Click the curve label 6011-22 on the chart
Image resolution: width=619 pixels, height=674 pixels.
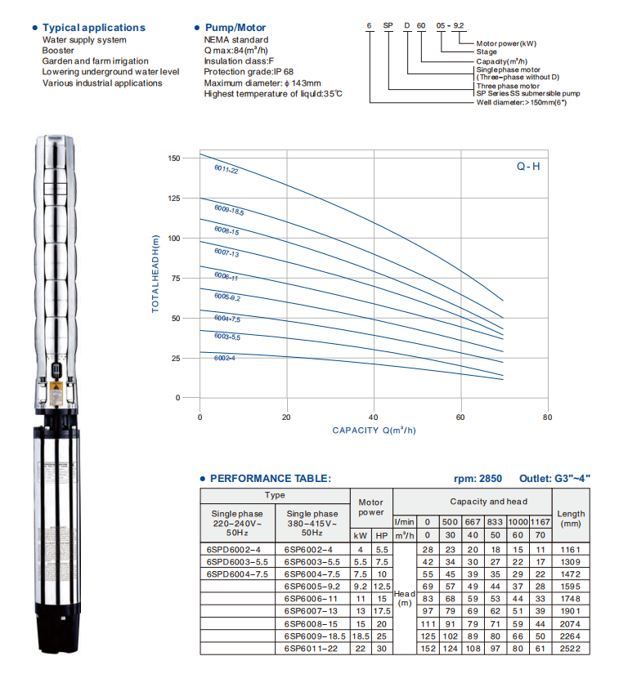click(x=226, y=169)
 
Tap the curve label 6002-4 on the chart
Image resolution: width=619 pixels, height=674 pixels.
click(x=226, y=358)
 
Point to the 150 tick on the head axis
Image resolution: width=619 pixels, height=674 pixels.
click(x=173, y=158)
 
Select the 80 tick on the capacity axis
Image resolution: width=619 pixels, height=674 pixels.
click(x=547, y=417)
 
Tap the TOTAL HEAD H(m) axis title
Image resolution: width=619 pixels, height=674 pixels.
click(x=155, y=274)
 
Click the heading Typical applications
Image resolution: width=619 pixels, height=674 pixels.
click(x=93, y=28)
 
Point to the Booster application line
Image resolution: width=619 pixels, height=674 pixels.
click(x=58, y=50)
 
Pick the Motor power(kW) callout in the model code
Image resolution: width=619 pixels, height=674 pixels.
click(x=505, y=42)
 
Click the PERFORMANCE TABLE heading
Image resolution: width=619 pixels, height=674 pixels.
click(x=270, y=479)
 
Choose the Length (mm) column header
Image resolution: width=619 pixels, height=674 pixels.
click(x=571, y=518)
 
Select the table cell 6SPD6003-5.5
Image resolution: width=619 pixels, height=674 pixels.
click(x=237, y=563)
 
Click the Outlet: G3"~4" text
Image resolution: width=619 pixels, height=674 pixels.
click(x=554, y=479)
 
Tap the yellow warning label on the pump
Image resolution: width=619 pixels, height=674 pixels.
click(x=56, y=391)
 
